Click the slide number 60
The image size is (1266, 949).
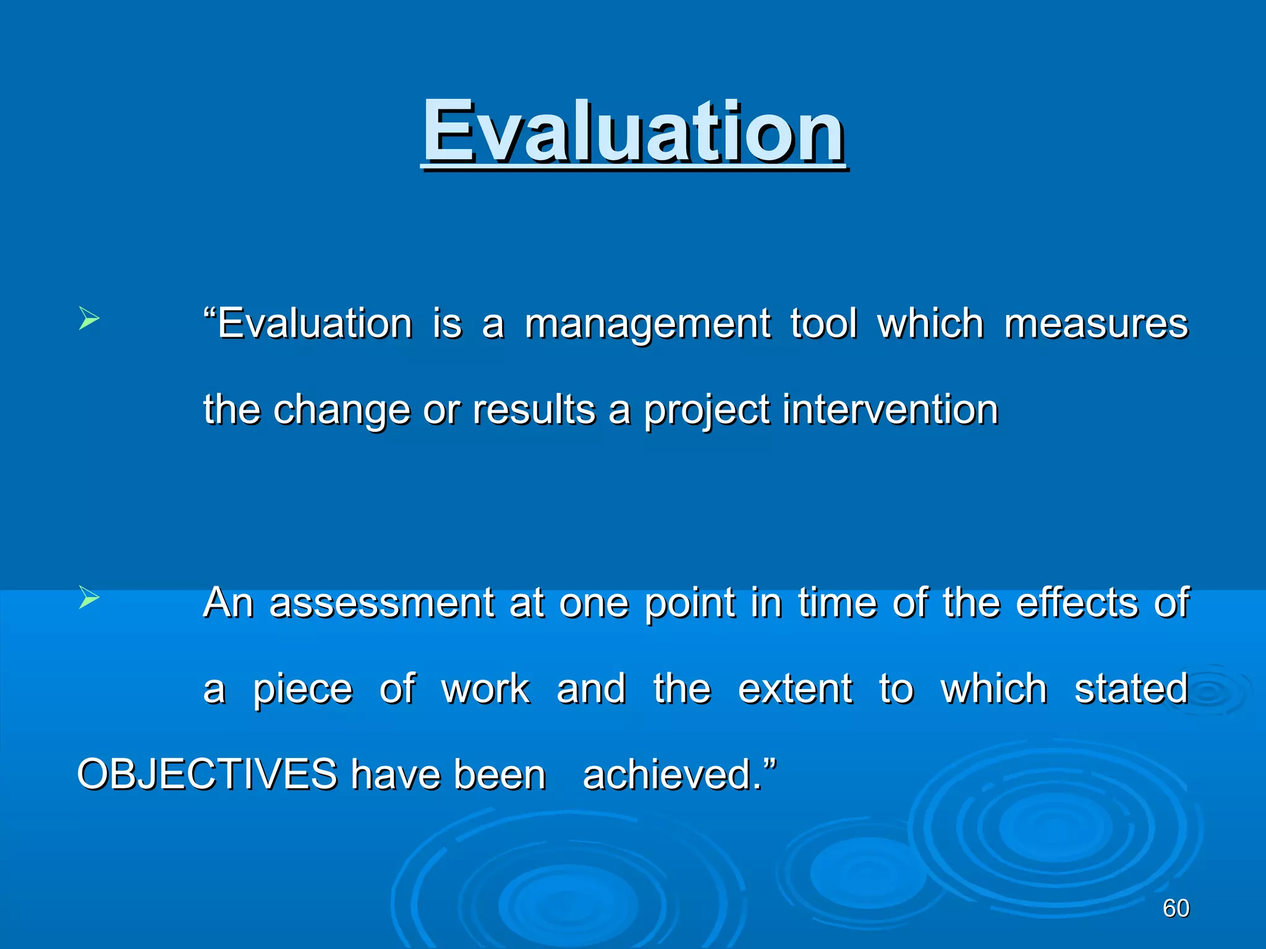[1176, 908]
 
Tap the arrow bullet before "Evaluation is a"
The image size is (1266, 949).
[90, 320]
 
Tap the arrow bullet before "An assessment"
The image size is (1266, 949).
[90, 598]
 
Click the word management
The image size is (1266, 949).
[648, 324]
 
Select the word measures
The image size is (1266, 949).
[1096, 323]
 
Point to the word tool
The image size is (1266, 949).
[824, 323]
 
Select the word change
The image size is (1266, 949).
[342, 411]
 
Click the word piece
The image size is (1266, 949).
[303, 689]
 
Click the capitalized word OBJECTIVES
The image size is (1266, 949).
[207, 774]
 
